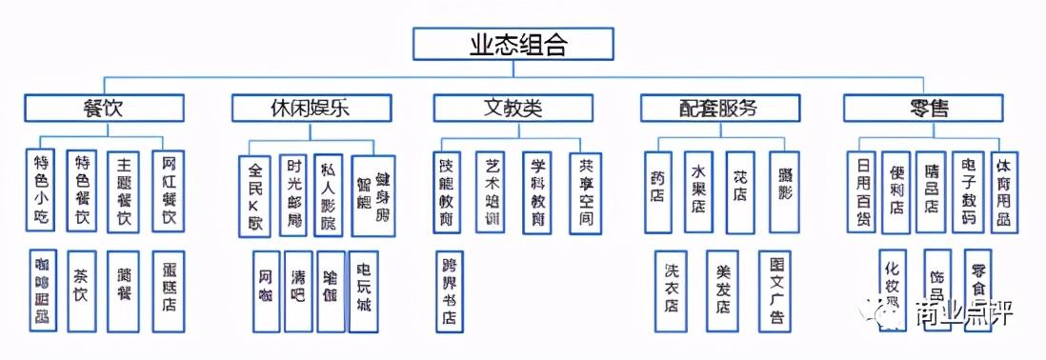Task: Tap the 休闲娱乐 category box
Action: [311, 108]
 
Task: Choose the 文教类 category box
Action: [513, 108]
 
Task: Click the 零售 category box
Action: [922, 108]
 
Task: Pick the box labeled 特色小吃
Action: [42, 190]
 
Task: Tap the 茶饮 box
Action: [82, 290]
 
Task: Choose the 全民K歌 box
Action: [254, 195]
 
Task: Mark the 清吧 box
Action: [298, 290]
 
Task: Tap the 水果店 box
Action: [698, 191]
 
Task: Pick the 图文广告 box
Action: [775, 290]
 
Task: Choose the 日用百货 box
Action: [863, 191]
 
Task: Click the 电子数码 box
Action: [968, 191]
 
